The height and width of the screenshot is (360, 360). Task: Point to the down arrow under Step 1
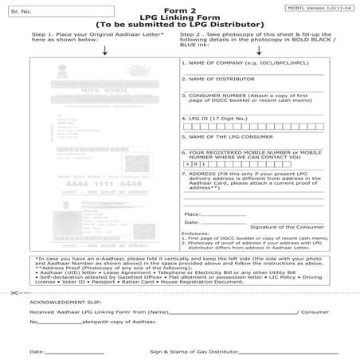click(105, 50)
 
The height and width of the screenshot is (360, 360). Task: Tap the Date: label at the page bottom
click(37, 350)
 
